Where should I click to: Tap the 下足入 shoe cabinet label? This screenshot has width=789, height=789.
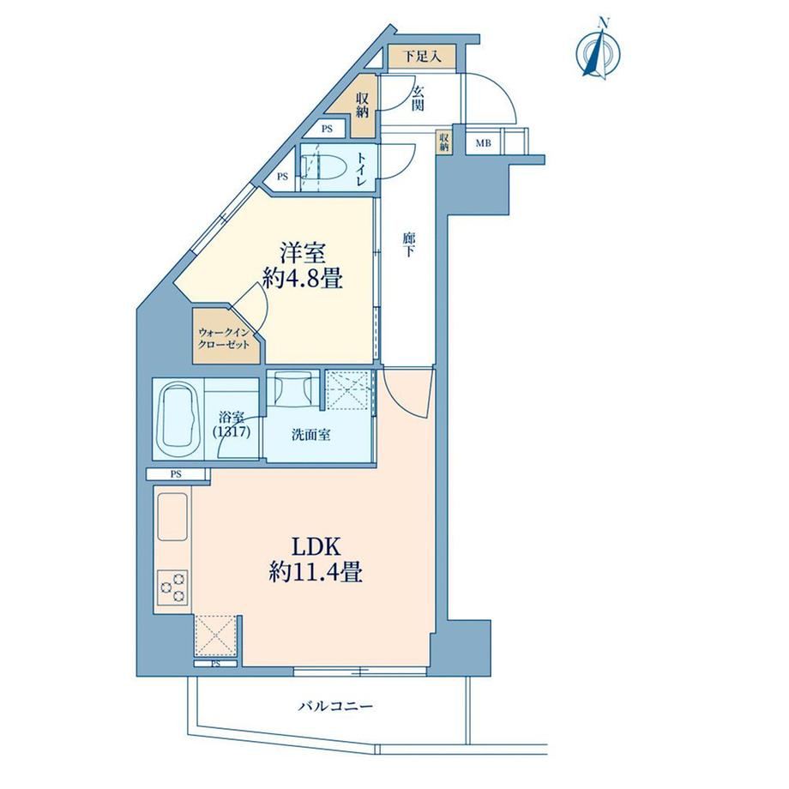coord(423,57)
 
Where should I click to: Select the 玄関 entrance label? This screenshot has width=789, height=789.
coord(418,98)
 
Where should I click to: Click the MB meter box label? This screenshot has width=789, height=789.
coord(484,143)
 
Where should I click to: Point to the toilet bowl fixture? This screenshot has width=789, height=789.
coord(327,167)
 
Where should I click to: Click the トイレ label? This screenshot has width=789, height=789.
coord(362,169)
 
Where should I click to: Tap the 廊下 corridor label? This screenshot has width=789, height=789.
coord(408,245)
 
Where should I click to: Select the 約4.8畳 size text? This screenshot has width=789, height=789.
coord(303,279)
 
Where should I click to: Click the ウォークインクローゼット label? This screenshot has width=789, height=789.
coord(224,338)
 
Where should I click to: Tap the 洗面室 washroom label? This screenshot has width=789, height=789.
coord(311,436)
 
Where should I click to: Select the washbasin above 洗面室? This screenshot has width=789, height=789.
coord(292,388)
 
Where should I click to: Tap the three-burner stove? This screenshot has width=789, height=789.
coord(172,587)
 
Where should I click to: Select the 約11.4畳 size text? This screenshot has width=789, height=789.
coord(316,573)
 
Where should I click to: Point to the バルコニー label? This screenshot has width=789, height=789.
coord(335,707)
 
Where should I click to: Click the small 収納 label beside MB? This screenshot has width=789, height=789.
coord(444,142)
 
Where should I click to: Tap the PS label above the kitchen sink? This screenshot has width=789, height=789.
coord(176,474)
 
